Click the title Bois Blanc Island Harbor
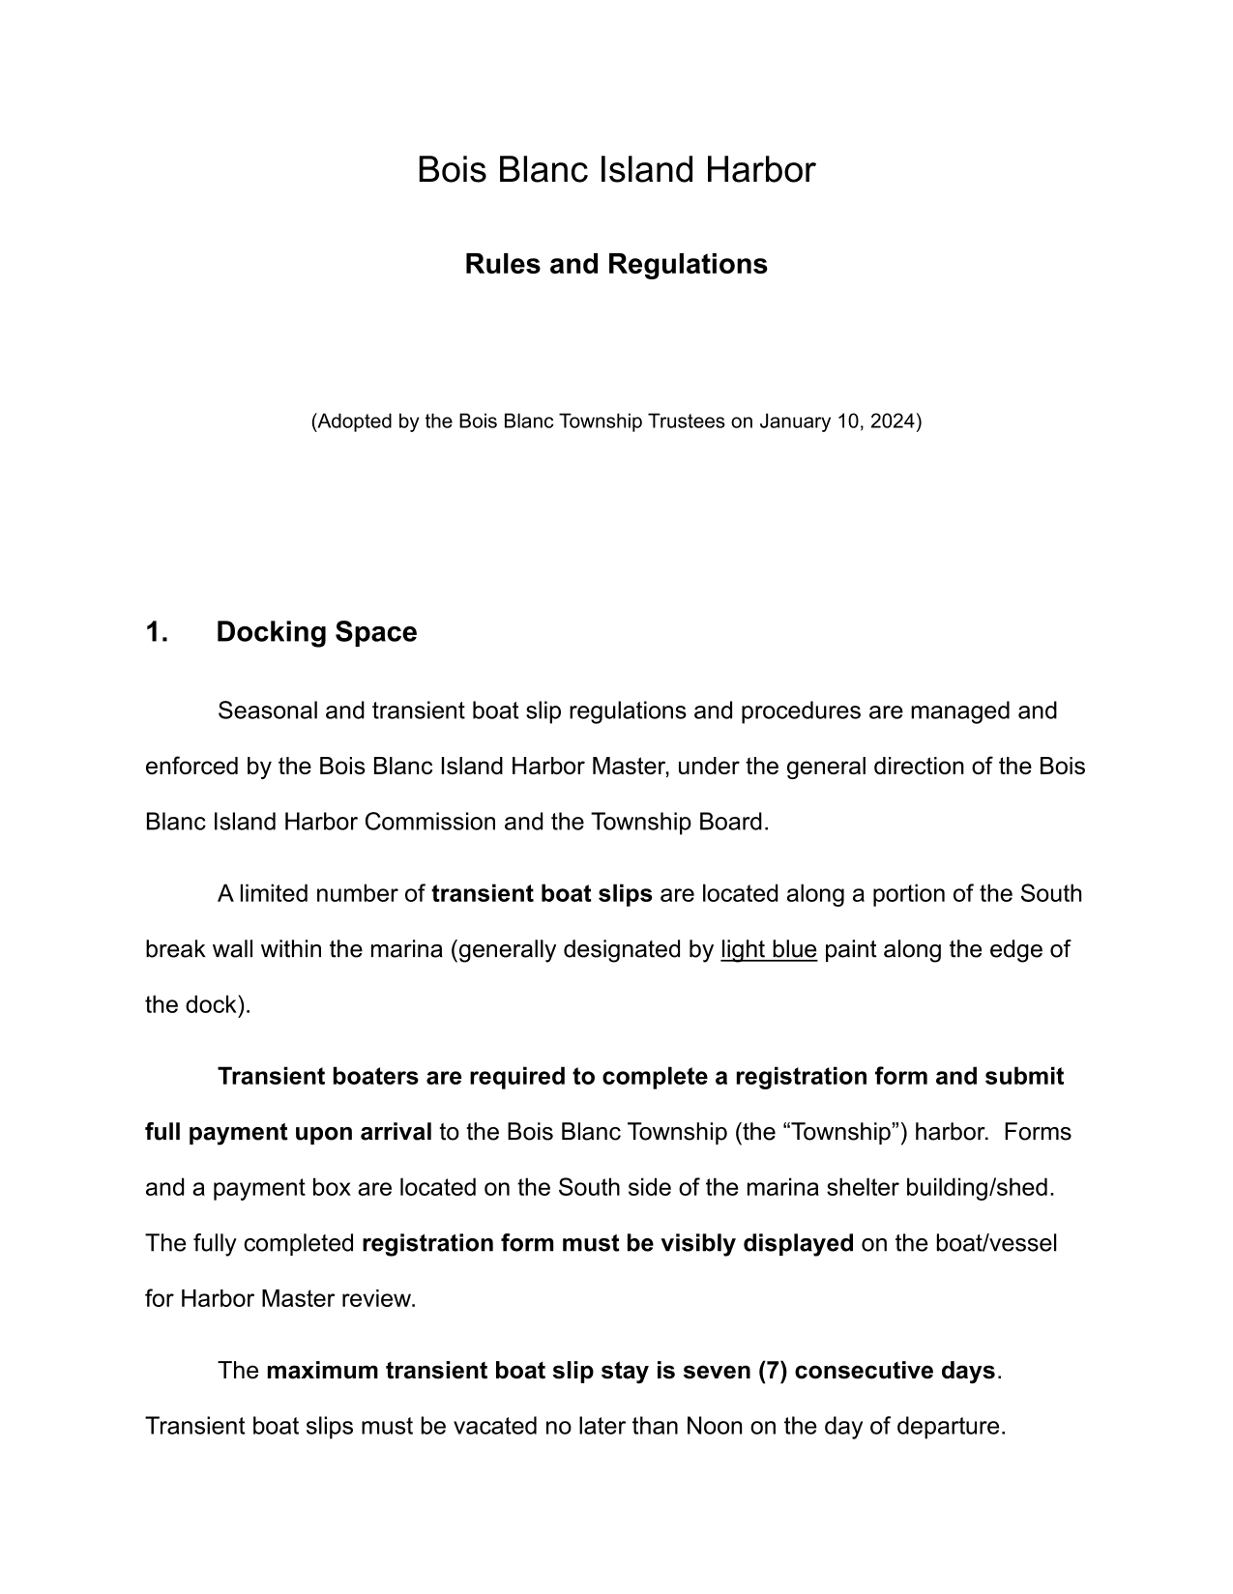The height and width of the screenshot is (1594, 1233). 616,170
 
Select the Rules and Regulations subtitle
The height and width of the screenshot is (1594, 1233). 616,264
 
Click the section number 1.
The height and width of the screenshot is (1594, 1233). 157,632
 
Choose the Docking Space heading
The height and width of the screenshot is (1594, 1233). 316,632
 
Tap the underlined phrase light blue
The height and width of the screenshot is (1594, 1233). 769,950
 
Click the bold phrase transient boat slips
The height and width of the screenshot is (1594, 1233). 542,894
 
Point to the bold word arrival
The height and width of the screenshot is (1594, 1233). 392,1132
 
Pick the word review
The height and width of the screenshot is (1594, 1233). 384,1299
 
